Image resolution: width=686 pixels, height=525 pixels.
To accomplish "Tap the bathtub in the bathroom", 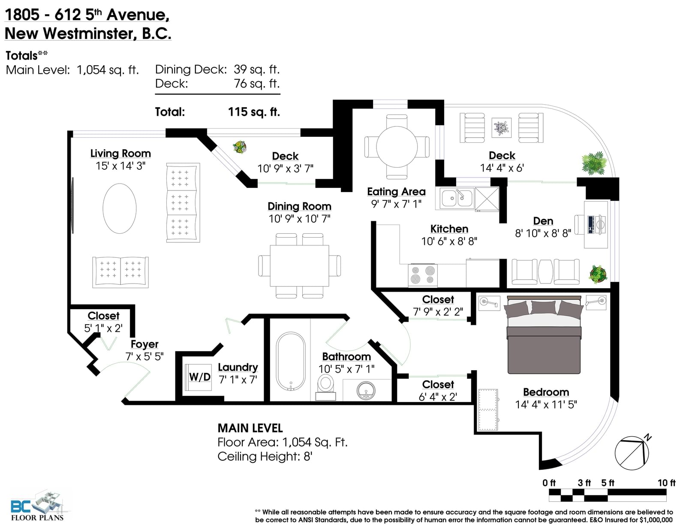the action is point(290,361).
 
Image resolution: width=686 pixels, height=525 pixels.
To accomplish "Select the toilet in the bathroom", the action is point(326,387).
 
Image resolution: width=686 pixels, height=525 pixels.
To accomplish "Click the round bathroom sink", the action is point(366,390).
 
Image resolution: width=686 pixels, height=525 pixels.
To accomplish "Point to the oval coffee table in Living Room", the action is point(119,208).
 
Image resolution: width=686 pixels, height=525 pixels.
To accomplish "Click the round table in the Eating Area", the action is point(397,147).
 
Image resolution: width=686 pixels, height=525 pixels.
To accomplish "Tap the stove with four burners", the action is point(423,275).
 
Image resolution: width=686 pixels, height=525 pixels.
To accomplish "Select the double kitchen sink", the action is point(457,198).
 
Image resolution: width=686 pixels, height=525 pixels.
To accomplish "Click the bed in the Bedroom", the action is point(544,334).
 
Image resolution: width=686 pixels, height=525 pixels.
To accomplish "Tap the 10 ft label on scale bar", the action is point(666,483).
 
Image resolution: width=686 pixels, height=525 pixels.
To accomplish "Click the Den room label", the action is point(543,221).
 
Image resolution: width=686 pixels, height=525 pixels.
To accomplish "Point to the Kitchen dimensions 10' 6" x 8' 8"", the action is point(449,241).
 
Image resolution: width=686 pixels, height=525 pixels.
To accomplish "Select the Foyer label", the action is point(144,344).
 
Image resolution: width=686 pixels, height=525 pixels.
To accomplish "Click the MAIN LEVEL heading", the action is point(250,428).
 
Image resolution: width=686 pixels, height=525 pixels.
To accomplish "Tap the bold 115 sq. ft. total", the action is point(254,112).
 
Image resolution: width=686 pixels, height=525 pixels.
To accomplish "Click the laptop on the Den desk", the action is point(590,224).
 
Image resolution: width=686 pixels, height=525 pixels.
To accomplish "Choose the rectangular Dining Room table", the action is point(299,266).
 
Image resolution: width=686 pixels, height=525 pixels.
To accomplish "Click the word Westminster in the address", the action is point(90,33).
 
